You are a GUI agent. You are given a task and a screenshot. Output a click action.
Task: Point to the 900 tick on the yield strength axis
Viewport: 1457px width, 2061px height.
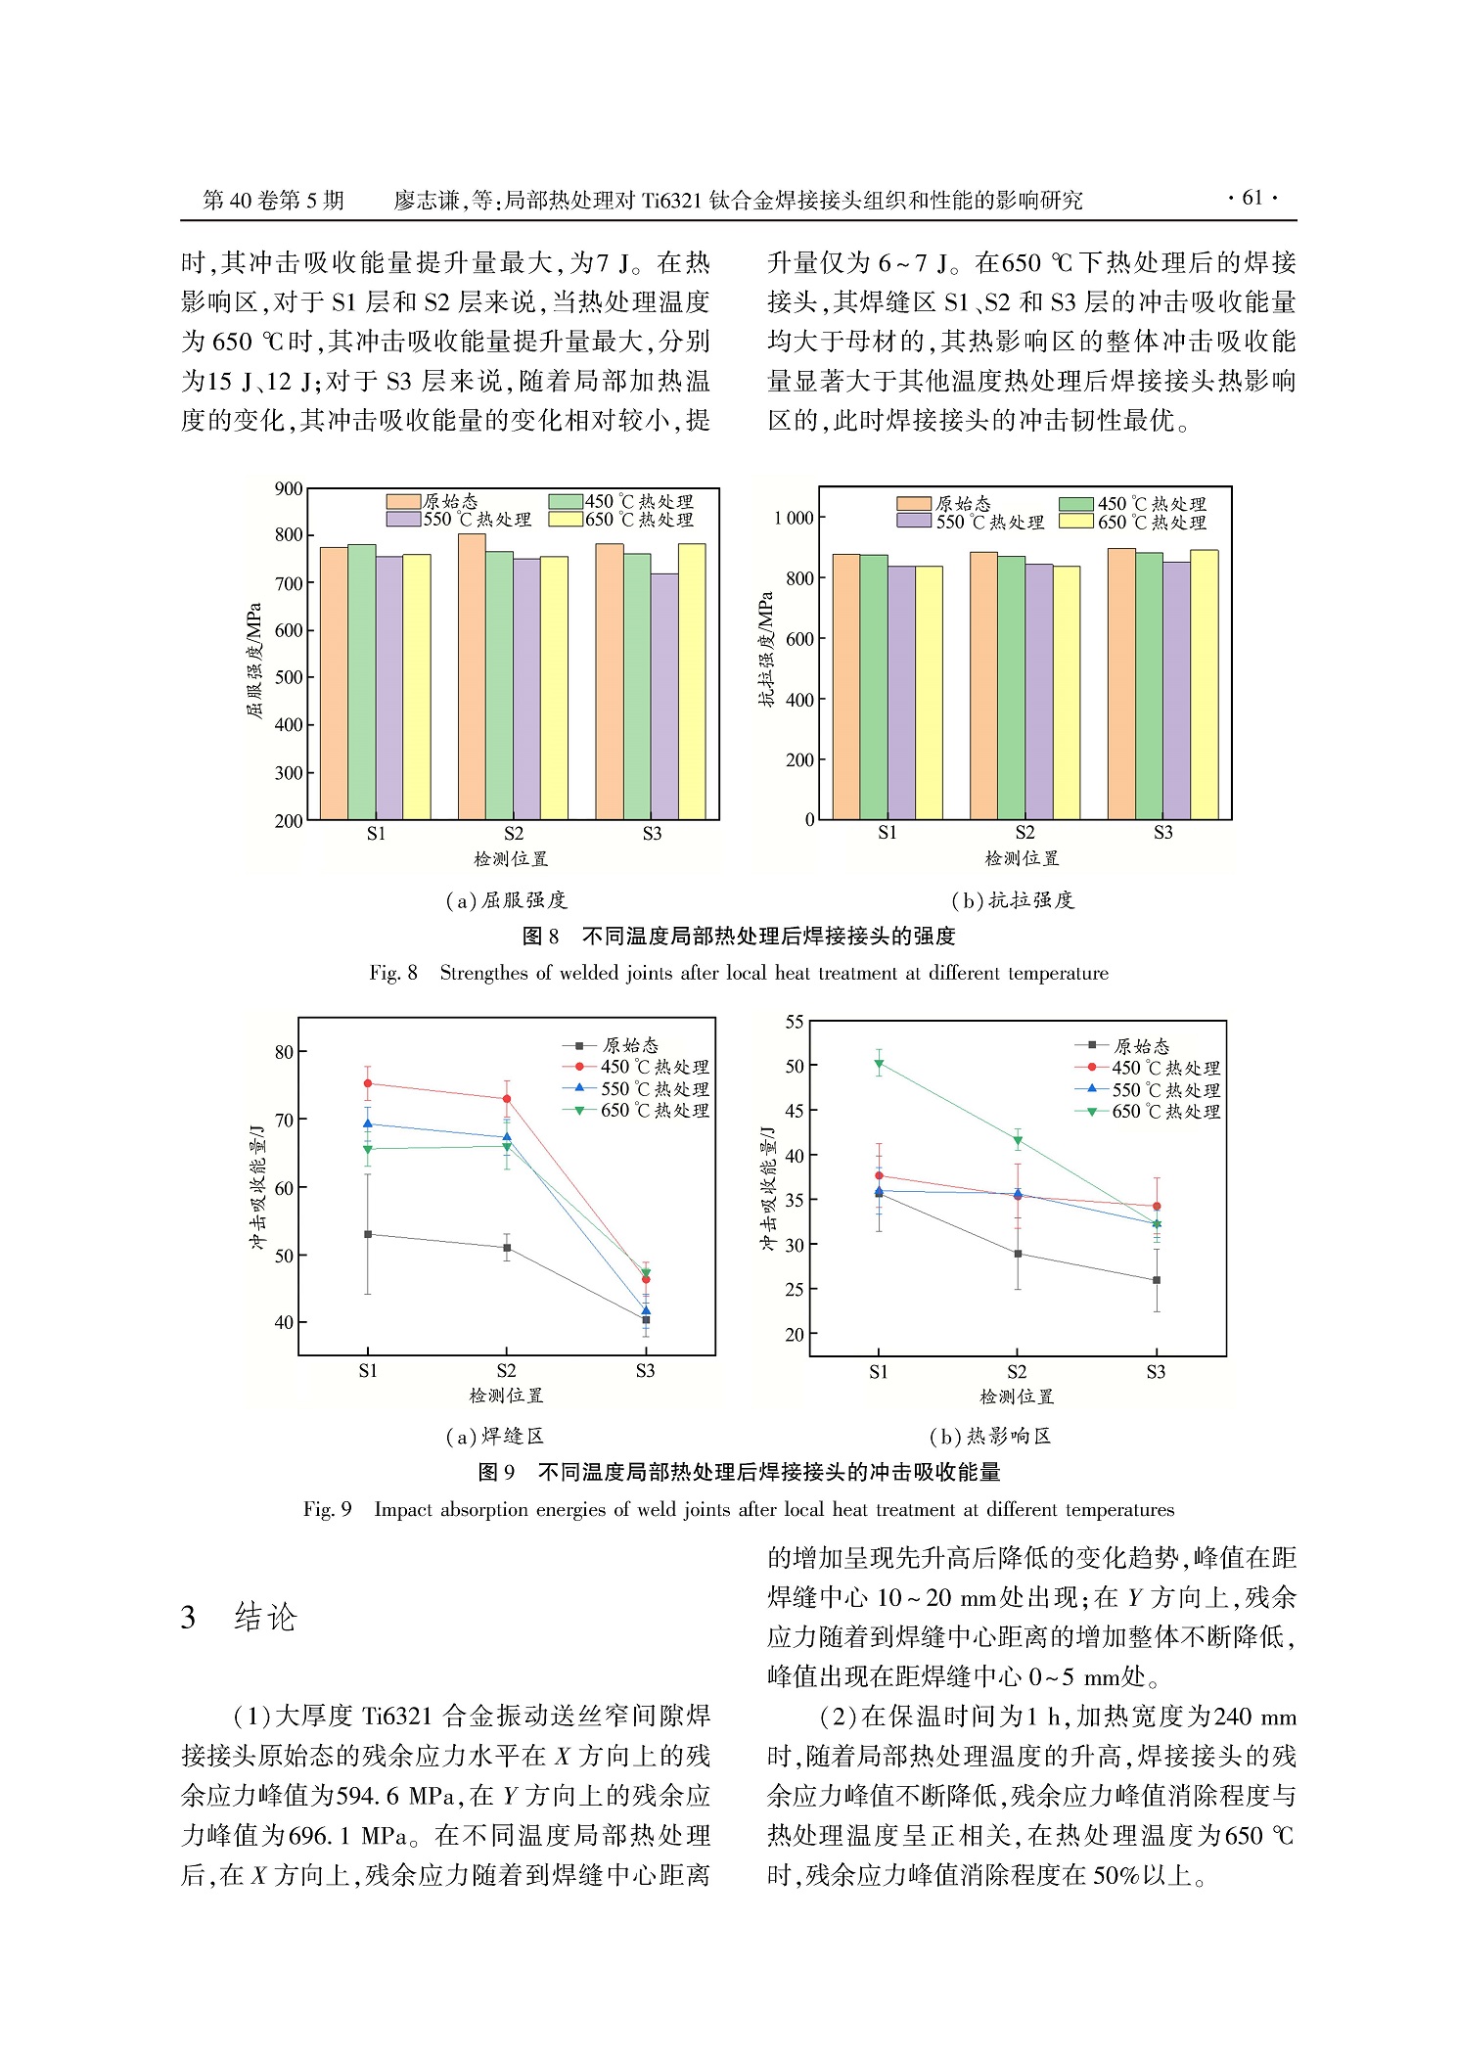pos(289,488)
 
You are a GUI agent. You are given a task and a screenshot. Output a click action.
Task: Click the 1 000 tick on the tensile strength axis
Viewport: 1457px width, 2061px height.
pos(793,518)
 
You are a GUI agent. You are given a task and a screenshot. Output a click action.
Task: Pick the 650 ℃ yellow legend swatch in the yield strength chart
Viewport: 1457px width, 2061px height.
pos(566,520)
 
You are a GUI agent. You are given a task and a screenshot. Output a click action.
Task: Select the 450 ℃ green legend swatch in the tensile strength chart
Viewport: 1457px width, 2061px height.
pos(1076,504)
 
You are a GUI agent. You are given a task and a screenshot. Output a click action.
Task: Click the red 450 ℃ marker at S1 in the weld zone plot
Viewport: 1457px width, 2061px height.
pos(368,1083)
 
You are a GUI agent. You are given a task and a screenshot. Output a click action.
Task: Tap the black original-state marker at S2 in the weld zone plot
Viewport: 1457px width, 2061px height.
pos(507,1248)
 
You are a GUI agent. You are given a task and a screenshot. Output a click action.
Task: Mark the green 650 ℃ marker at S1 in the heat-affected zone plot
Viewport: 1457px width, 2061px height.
pos(879,1064)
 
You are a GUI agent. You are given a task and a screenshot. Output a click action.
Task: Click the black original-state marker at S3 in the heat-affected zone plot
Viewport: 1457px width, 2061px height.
pos(1157,1280)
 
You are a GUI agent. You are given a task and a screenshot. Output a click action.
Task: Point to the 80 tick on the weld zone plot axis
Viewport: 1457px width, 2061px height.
pos(284,1052)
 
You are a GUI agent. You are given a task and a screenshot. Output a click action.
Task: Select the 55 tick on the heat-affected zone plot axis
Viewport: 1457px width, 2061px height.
pos(795,1022)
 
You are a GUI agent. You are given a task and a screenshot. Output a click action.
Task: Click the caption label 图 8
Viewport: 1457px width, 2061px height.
pos(540,937)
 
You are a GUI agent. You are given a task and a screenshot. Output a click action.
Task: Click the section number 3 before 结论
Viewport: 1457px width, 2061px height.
pos(188,1617)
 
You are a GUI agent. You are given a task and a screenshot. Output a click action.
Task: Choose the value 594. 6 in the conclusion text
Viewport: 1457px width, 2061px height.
pos(368,1796)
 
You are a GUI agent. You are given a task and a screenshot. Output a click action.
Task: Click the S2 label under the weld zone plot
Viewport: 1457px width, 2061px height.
pos(506,1371)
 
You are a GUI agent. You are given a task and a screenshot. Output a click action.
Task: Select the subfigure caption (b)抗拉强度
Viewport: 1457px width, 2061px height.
pos(1012,900)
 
